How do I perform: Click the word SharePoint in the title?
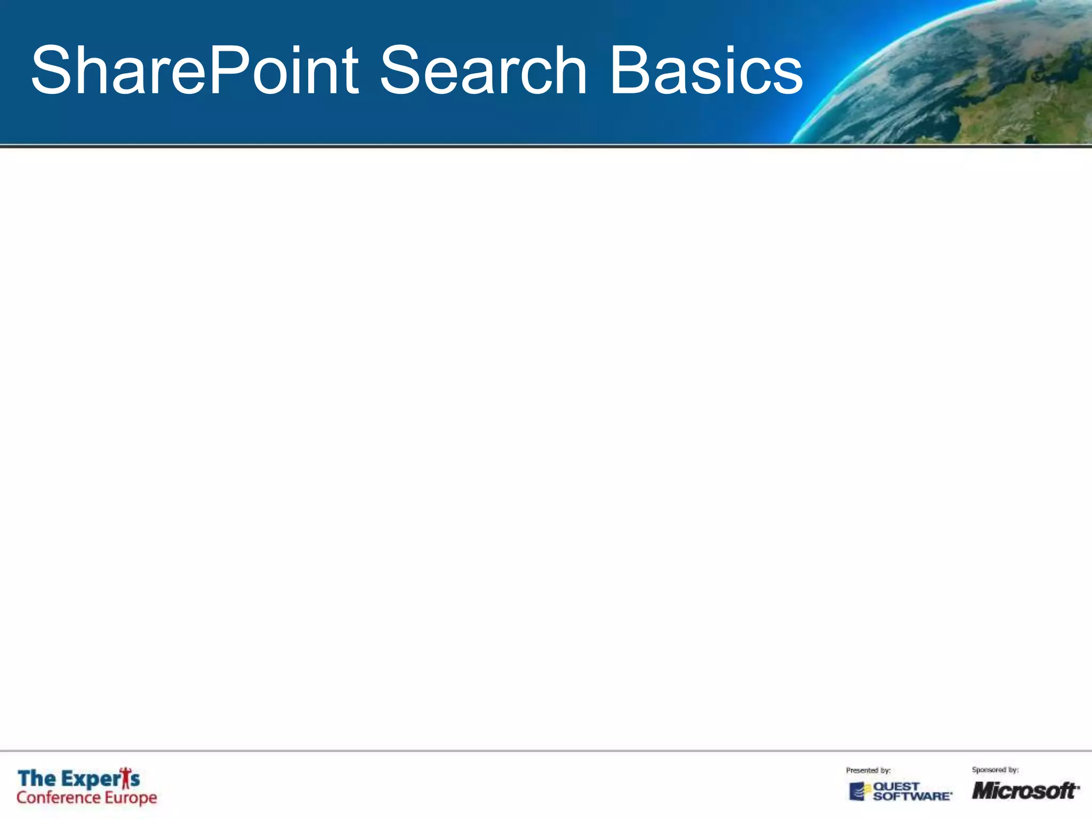point(195,71)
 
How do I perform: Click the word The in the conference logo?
point(36,778)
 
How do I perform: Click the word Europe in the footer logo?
point(131,798)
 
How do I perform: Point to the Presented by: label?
point(868,770)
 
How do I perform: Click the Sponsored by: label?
point(995,769)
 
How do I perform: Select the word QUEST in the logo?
point(896,786)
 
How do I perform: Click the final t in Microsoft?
point(1070,790)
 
